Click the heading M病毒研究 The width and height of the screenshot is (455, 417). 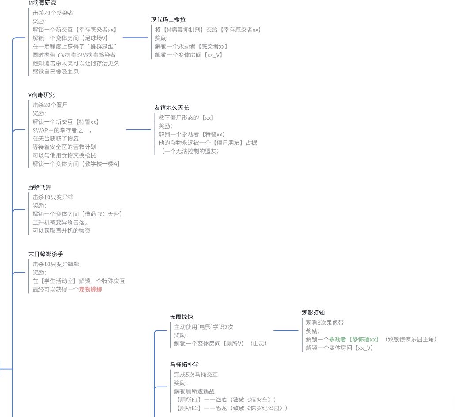42,3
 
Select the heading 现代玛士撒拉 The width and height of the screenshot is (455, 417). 168,20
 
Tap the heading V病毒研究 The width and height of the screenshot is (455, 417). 42,95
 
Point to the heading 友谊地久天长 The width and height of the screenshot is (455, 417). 172,108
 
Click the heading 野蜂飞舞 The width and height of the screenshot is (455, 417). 40,187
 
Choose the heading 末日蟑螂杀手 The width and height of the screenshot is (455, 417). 45,254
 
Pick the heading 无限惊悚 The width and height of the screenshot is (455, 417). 182,317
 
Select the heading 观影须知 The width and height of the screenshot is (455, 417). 313,313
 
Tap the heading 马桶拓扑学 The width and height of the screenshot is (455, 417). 185,364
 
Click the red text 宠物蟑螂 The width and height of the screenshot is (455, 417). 91,289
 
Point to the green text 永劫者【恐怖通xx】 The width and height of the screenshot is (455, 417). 354,340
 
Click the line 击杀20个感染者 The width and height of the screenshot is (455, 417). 53,13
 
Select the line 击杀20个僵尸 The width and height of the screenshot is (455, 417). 50,105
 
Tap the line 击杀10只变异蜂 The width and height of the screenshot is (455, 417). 53,197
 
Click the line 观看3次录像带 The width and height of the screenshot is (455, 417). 325,322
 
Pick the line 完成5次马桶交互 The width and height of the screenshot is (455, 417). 196,375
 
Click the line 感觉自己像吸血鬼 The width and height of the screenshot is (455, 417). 56,72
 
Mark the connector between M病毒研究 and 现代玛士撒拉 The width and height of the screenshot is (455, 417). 135,38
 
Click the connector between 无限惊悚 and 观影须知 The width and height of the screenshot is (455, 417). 286,330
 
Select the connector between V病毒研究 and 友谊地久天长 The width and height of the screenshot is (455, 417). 139,130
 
